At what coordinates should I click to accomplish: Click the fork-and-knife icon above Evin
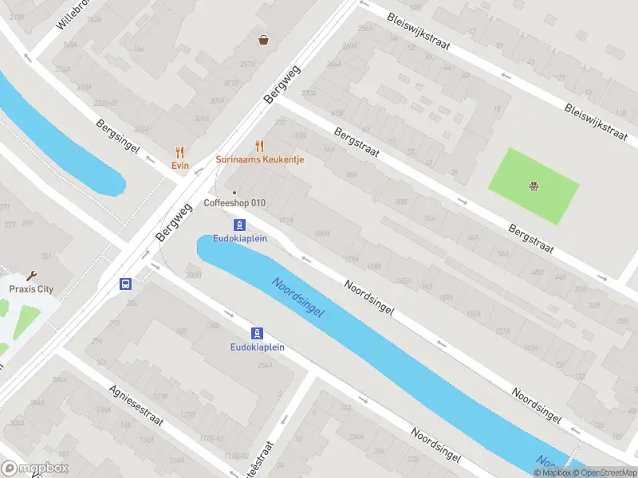(179, 152)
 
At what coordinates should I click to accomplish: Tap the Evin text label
(179, 166)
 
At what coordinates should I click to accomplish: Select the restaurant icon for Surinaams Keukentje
(259, 146)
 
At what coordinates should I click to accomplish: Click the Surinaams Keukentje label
(260, 159)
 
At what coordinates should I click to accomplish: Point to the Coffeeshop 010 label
(234, 203)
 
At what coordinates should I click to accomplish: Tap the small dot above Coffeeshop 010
(234, 192)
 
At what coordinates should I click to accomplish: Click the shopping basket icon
(263, 39)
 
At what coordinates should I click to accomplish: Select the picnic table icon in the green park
(534, 187)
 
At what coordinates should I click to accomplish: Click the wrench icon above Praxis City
(31, 276)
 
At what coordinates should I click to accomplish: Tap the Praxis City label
(31, 289)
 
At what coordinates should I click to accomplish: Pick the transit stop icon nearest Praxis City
(125, 284)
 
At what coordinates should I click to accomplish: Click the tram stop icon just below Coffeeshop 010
(239, 225)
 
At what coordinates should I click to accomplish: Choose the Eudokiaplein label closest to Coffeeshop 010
(239, 239)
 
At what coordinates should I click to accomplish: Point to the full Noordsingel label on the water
(297, 298)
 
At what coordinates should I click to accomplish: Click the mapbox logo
(35, 468)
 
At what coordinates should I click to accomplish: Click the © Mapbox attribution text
(552, 472)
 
